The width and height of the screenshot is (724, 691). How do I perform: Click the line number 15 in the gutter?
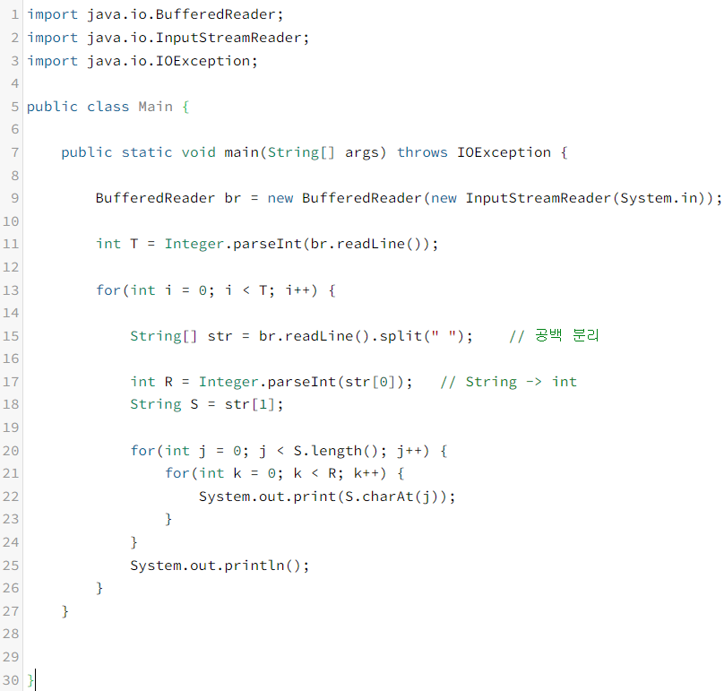[x=11, y=336]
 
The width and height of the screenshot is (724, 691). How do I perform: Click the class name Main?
[x=155, y=107]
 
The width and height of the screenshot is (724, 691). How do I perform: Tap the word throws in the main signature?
[x=422, y=152]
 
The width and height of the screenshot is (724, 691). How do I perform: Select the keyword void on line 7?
[x=198, y=152]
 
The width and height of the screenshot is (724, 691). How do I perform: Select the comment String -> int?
[x=509, y=382]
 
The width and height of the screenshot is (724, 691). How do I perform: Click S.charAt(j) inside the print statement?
[x=396, y=497]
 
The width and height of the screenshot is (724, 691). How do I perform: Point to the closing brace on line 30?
[x=30, y=680]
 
